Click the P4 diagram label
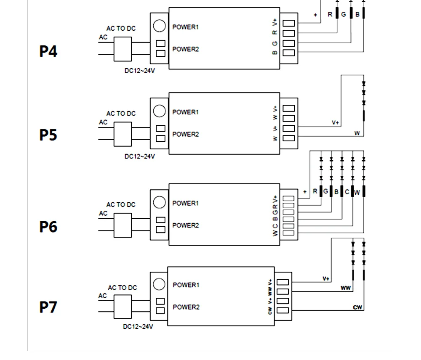point(48,51)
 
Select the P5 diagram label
point(48,135)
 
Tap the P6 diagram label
point(48,227)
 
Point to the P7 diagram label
point(48,307)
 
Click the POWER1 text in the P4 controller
point(186,27)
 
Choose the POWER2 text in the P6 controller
point(186,225)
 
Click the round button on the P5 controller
point(160,111)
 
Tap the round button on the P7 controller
point(159,284)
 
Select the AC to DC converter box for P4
point(123,49)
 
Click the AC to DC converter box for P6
point(123,225)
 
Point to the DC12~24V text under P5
point(140,156)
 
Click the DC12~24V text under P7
point(138,326)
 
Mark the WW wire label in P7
point(346,288)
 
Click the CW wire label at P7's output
point(357,307)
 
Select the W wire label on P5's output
point(357,133)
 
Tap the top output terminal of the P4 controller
point(289,23)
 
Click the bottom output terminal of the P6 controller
point(288,233)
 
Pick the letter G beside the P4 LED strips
point(344,14)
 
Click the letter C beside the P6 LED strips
point(347,192)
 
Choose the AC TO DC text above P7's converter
point(123,288)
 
